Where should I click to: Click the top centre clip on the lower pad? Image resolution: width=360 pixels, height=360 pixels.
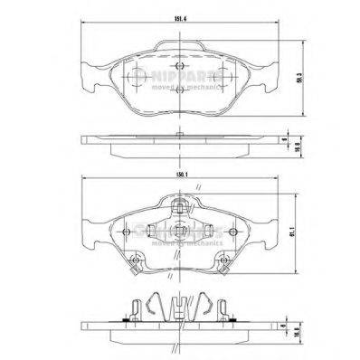click(x=181, y=210)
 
